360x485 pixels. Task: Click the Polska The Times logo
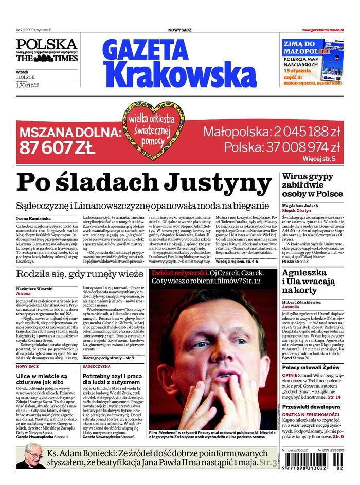click(46, 50)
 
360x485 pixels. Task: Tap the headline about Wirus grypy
click(312, 185)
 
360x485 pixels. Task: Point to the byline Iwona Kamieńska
click(33, 219)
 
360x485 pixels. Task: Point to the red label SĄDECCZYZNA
click(96, 367)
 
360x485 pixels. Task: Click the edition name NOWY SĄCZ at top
click(180, 31)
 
